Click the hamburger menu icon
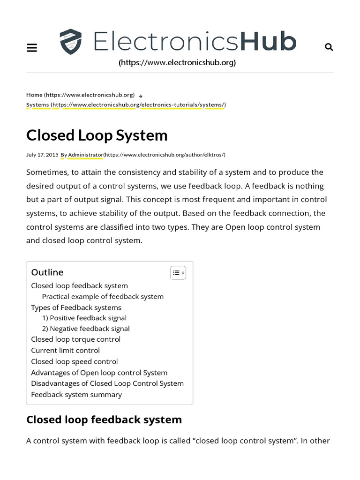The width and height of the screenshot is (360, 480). [32, 47]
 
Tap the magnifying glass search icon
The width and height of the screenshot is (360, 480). [329, 47]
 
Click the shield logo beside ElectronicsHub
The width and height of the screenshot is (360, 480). [71, 42]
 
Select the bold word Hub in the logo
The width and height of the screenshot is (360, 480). [268, 42]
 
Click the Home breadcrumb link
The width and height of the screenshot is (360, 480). [34, 95]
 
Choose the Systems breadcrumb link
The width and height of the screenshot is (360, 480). [37, 105]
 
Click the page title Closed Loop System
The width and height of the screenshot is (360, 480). [97, 135]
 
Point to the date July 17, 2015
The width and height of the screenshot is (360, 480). [42, 155]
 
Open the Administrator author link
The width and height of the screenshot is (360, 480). [85, 155]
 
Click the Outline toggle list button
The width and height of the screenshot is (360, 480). [178, 272]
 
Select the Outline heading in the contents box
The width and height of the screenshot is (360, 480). [47, 272]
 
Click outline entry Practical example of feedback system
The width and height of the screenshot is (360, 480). [103, 296]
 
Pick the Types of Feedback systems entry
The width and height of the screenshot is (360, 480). [76, 307]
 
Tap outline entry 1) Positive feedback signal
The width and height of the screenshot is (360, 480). [84, 318]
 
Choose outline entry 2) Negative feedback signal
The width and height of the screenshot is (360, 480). [85, 329]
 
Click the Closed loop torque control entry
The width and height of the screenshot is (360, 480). [75, 339]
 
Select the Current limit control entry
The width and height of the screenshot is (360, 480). [65, 350]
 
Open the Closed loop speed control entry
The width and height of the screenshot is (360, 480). [74, 361]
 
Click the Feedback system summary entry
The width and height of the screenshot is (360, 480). [76, 394]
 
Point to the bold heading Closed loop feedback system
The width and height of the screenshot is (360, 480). [104, 419]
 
